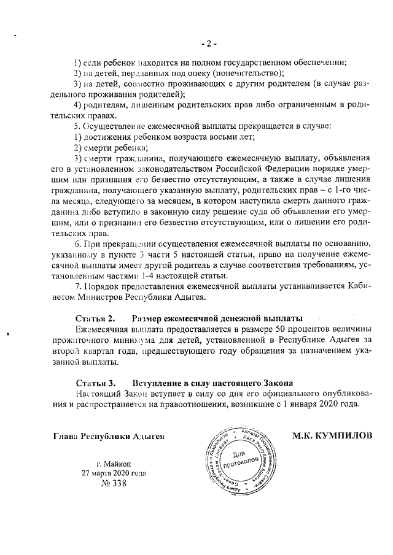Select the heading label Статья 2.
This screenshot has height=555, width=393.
[x=95, y=319]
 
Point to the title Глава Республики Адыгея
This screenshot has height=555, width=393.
[x=109, y=436]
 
